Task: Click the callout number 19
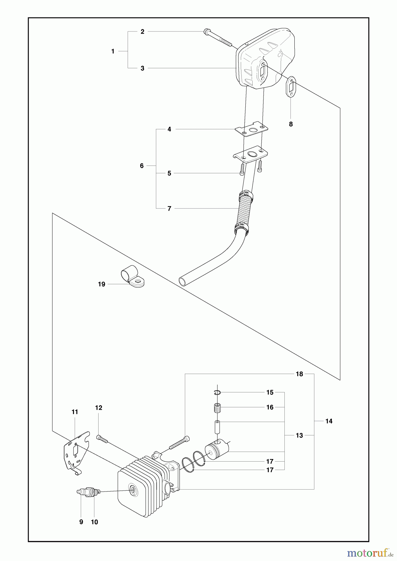pos(102,284)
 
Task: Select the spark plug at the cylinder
pos(89,491)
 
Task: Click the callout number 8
pos(291,124)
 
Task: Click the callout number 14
pos(329,421)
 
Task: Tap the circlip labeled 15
pos(218,393)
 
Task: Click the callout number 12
pos(99,408)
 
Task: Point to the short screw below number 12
pos(102,439)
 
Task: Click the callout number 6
pos(142,166)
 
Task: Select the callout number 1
pos(113,51)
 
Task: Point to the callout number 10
pos(94,522)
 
